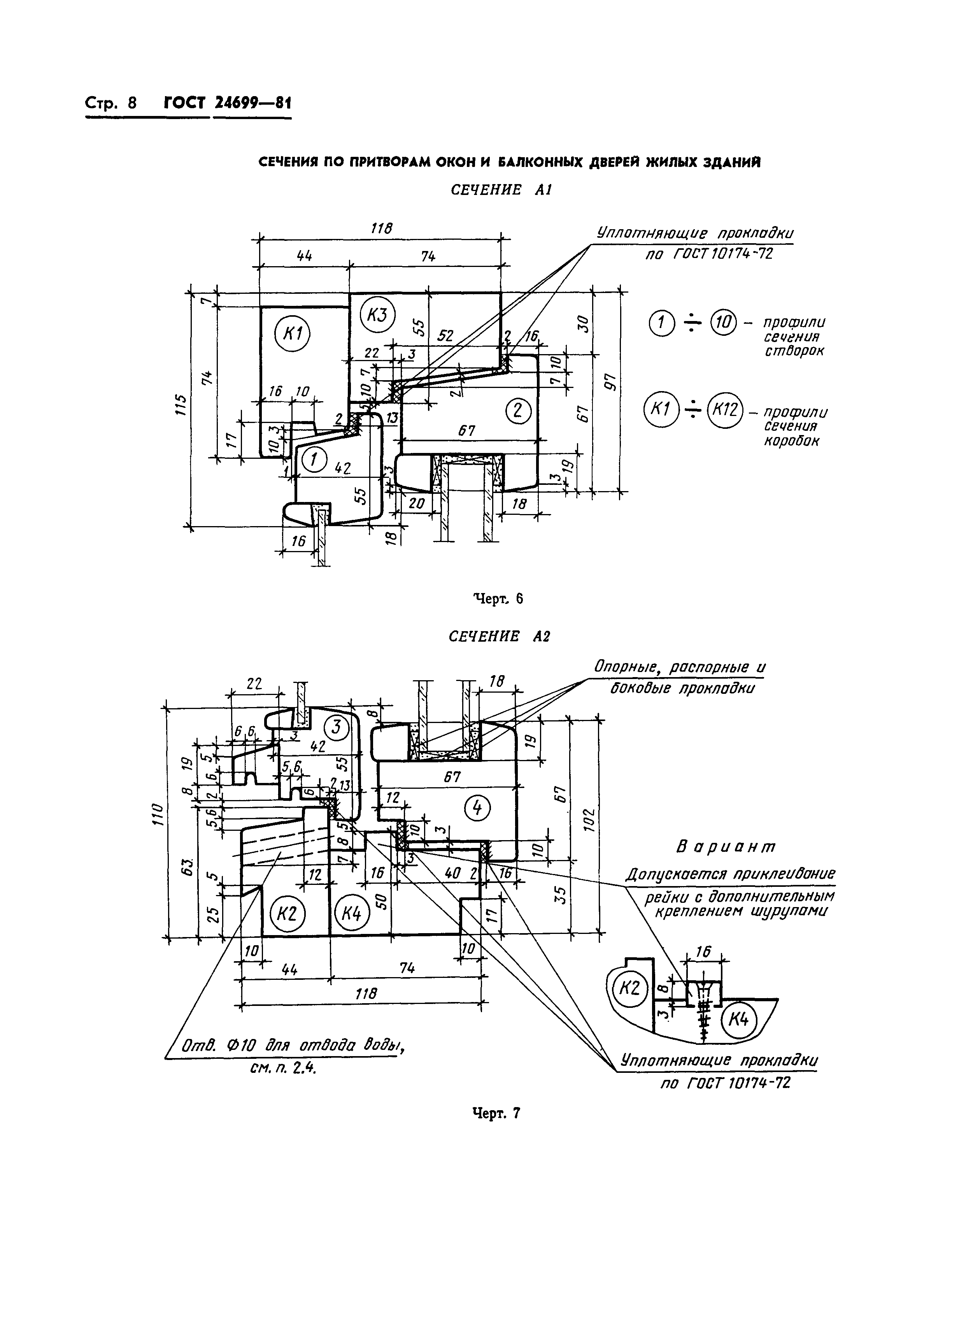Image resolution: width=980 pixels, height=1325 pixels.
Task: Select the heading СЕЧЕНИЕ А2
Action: [x=500, y=637]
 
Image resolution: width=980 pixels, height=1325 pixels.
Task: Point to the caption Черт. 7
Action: [x=496, y=1114]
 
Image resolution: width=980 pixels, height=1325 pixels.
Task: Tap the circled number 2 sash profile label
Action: [x=518, y=411]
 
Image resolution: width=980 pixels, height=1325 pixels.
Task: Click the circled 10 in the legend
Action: [x=723, y=323]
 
